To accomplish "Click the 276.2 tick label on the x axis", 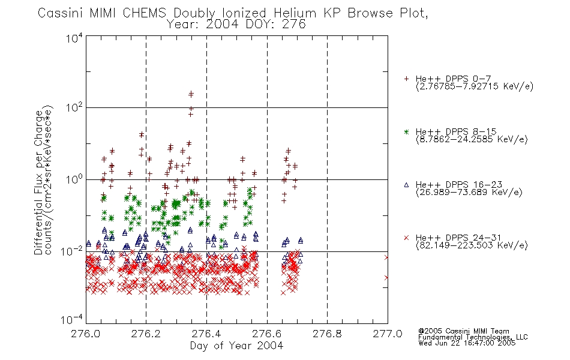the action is click(x=146, y=334).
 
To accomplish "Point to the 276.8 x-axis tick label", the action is click(x=327, y=334).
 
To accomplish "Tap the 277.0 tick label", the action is click(x=388, y=334).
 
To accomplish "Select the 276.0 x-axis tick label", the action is click(x=86, y=334).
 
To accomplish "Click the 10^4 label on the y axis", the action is click(x=74, y=38).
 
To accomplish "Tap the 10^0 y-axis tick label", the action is click(x=74, y=179).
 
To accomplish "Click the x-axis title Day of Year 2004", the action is click(x=236, y=346).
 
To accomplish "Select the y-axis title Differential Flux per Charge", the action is click(x=38, y=181).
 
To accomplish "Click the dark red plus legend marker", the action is click(x=406, y=79).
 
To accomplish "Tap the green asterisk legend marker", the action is click(x=406, y=131).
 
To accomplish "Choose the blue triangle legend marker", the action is click(x=406, y=185).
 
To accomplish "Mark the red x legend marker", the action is click(x=406, y=238).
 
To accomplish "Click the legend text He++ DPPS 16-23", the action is click(x=459, y=185).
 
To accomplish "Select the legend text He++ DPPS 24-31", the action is click(x=458, y=238).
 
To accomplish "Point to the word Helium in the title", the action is click(x=295, y=13).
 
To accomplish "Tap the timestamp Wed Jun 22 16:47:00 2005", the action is click(x=467, y=343).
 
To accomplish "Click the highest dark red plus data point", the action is click(x=191, y=94).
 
